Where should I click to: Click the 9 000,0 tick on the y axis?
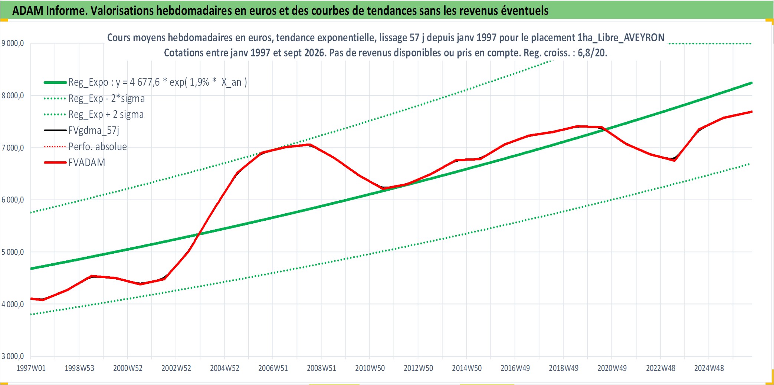point(13,43)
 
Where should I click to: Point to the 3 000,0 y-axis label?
point(13,356)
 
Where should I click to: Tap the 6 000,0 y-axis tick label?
point(13,200)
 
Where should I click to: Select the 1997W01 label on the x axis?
point(31,368)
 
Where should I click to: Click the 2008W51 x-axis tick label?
point(321,368)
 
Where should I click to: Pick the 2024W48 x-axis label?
point(709,368)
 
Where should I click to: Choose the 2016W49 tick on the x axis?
point(515,368)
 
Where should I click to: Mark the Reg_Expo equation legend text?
point(158,82)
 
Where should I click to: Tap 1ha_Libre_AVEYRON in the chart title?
point(621,37)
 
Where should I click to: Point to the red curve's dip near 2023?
point(674,160)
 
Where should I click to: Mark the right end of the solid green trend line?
point(752,83)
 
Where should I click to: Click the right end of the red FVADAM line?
point(752,112)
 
